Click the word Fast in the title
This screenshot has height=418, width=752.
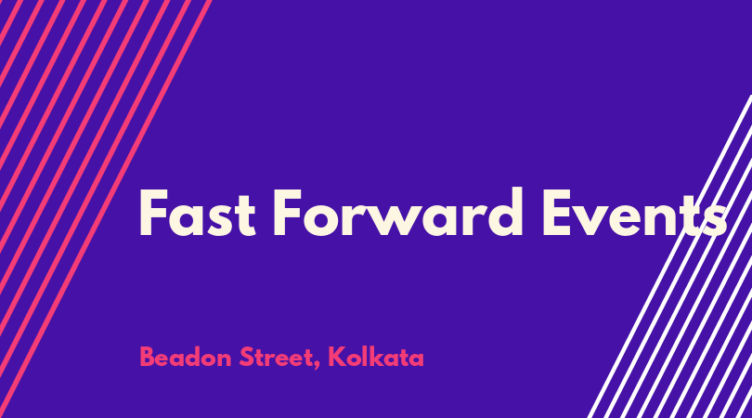[x=197, y=212]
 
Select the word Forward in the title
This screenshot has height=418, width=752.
[x=397, y=212]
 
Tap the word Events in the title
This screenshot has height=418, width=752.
[x=634, y=213]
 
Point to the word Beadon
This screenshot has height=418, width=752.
[x=186, y=358]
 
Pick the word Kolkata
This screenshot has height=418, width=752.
[x=376, y=358]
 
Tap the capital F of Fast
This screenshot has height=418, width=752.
[x=153, y=213]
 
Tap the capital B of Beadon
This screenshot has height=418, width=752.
[x=147, y=357]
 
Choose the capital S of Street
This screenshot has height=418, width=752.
[x=247, y=357]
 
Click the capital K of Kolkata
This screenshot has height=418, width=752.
[x=337, y=357]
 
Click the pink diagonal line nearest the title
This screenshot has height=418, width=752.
[x=106, y=209]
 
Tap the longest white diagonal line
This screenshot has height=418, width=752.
[x=670, y=256]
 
